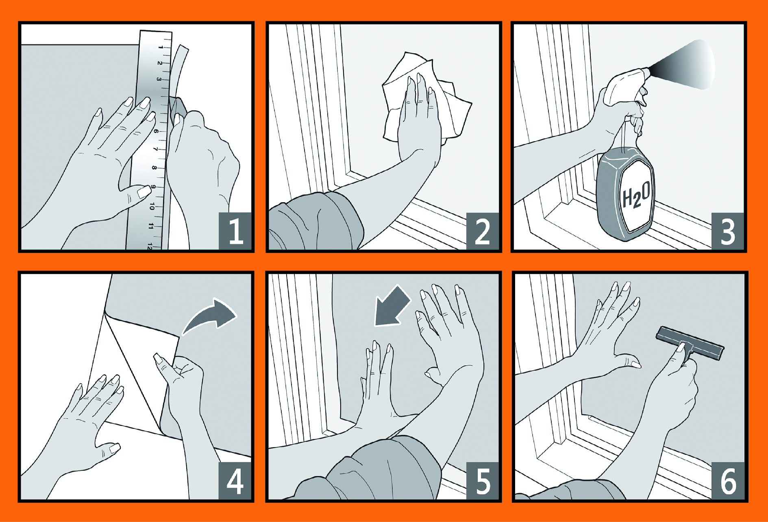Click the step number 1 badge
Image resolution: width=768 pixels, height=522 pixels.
point(235,231)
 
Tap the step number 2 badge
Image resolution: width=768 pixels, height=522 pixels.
point(482,231)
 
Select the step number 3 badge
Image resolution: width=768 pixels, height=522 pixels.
point(727,231)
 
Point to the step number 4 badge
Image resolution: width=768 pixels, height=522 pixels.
point(235,481)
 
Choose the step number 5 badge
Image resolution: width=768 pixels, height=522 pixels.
point(482,481)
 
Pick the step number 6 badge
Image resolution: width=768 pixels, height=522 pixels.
point(728,481)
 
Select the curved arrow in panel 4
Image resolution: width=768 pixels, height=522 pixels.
point(209,317)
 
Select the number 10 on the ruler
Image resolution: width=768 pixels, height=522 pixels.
point(152,206)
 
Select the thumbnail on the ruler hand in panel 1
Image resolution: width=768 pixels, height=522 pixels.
point(144,191)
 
